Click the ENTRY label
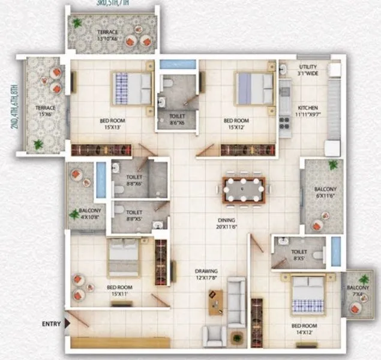coord(51,324)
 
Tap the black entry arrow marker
coord(67,324)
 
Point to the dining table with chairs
coord(244,189)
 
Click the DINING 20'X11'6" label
coord(227,224)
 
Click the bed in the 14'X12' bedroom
coord(307,295)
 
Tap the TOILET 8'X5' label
coord(298,256)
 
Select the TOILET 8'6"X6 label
coord(176,121)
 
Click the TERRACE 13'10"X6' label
coord(109,35)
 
